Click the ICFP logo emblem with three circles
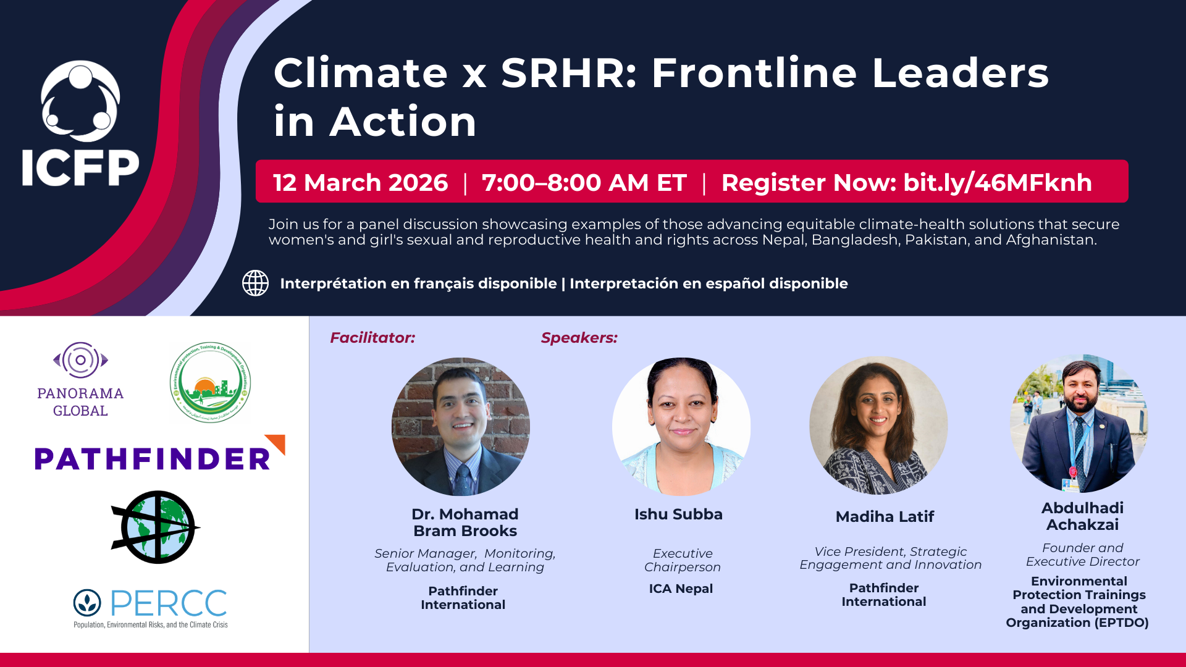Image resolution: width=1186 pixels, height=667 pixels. (x=80, y=101)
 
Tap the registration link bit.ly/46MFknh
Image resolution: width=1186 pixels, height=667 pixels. (x=997, y=183)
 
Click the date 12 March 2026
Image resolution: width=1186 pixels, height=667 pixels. (x=360, y=183)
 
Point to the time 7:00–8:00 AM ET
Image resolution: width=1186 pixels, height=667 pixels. (x=584, y=183)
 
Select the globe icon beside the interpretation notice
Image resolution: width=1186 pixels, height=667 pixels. (x=255, y=283)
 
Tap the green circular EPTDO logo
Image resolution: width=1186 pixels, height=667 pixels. (x=210, y=382)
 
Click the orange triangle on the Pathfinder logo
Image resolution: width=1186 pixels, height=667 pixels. (x=277, y=443)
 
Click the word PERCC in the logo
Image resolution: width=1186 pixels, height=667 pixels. (x=168, y=603)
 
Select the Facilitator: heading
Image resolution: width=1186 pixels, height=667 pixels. (x=372, y=338)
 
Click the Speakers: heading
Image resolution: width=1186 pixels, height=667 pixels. (x=579, y=338)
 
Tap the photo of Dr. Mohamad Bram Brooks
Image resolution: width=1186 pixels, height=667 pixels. (x=461, y=427)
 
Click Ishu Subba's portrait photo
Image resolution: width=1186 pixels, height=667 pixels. (x=681, y=427)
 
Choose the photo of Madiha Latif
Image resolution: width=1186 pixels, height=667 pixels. (x=878, y=426)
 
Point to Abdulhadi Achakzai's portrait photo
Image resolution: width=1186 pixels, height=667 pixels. (x=1079, y=424)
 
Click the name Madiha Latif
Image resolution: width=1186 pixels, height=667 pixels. (x=885, y=517)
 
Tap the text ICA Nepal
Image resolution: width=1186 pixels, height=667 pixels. (x=681, y=589)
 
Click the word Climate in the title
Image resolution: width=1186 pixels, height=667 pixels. (x=361, y=73)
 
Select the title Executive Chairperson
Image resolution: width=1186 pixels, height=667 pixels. (x=683, y=560)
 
